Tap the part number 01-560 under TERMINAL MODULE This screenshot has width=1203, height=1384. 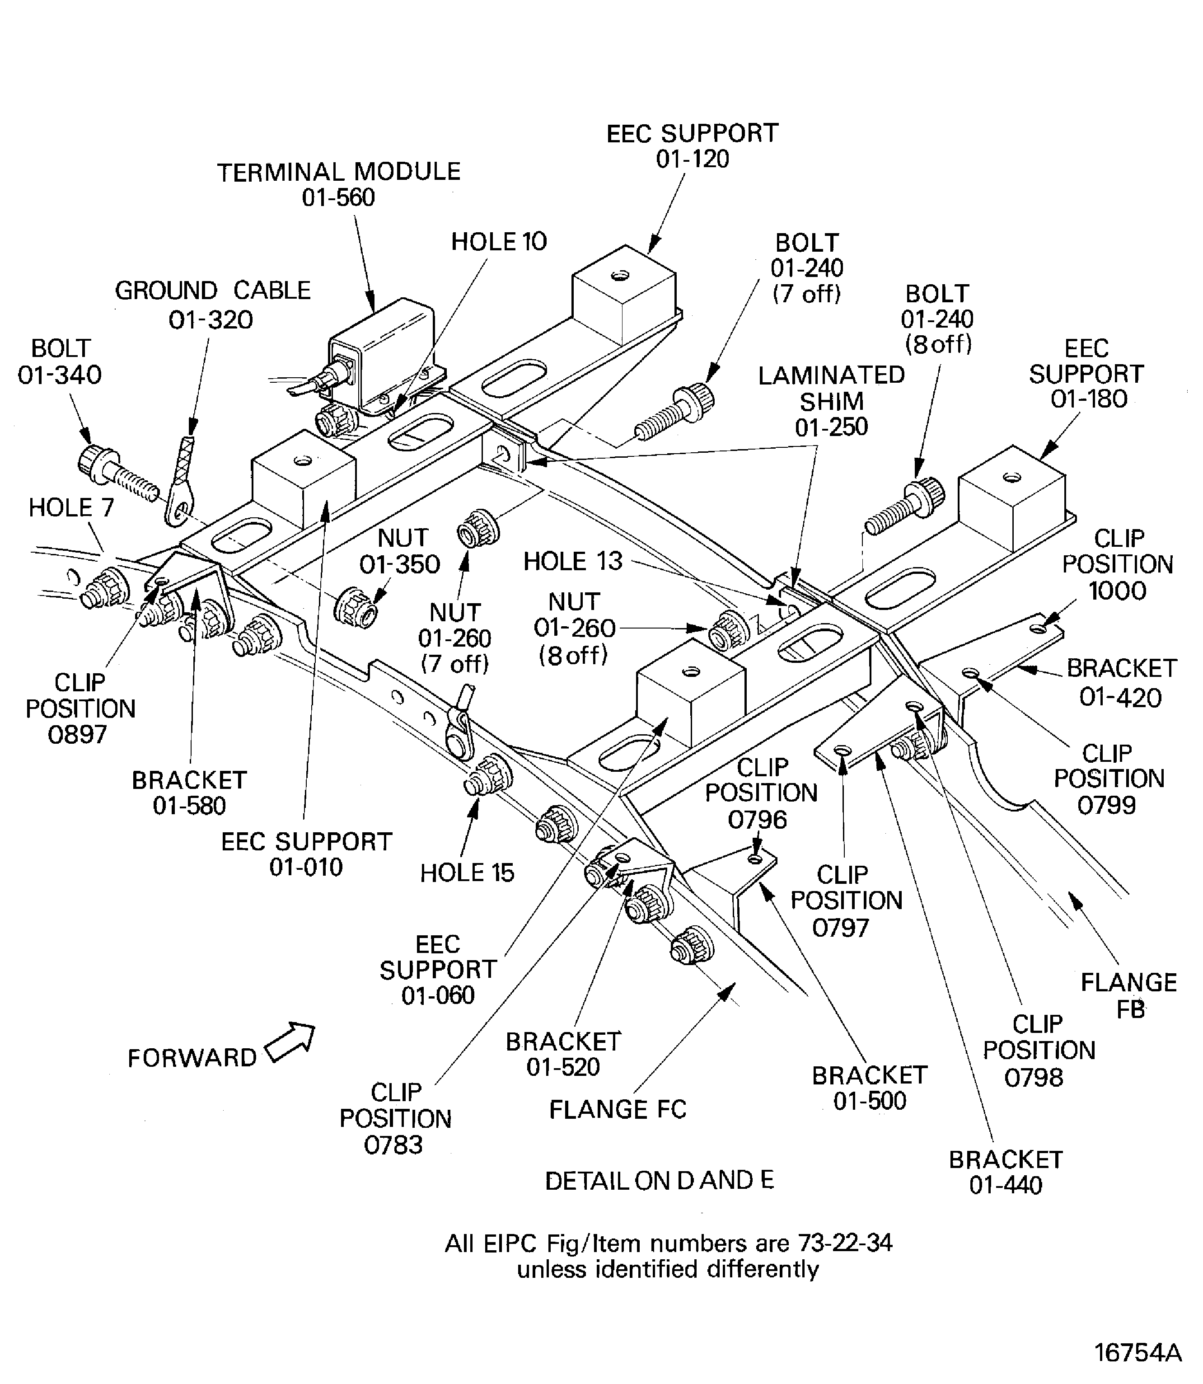(x=338, y=197)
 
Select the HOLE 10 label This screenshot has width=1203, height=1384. (x=499, y=242)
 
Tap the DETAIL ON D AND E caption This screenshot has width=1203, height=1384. (x=659, y=1181)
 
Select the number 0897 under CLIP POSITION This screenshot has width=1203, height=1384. (x=77, y=735)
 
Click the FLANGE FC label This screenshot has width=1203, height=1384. (x=618, y=1109)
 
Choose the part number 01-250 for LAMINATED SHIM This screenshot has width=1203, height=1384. (x=831, y=427)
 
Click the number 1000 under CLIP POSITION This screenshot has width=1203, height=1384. (x=1117, y=591)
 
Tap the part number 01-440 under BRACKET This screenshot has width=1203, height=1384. (x=1006, y=1185)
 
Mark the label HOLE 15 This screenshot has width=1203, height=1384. (x=467, y=873)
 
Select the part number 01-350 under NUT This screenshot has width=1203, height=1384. (x=399, y=565)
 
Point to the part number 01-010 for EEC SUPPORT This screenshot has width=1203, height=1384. (x=306, y=867)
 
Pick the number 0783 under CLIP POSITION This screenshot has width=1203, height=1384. (x=393, y=1144)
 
